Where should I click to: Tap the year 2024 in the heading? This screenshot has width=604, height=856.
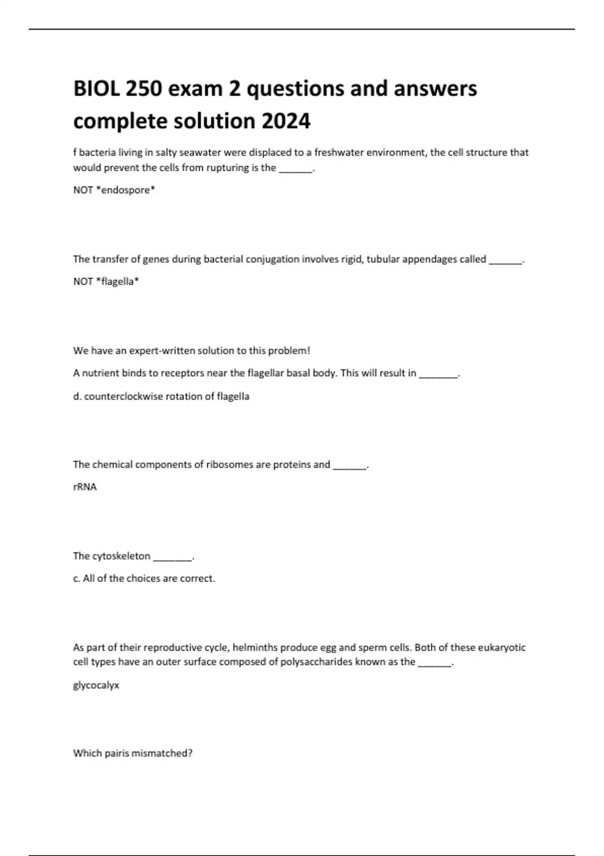pyautogui.click(x=285, y=121)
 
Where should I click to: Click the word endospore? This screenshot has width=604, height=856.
pyautogui.click(x=125, y=190)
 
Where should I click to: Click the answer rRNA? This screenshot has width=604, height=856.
pyautogui.click(x=85, y=487)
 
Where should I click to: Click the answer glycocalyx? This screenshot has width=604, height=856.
pyautogui.click(x=96, y=685)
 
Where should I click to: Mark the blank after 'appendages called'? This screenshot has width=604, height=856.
pyautogui.click(x=505, y=260)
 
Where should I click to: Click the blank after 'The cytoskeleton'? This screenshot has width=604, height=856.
pyautogui.click(x=172, y=557)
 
